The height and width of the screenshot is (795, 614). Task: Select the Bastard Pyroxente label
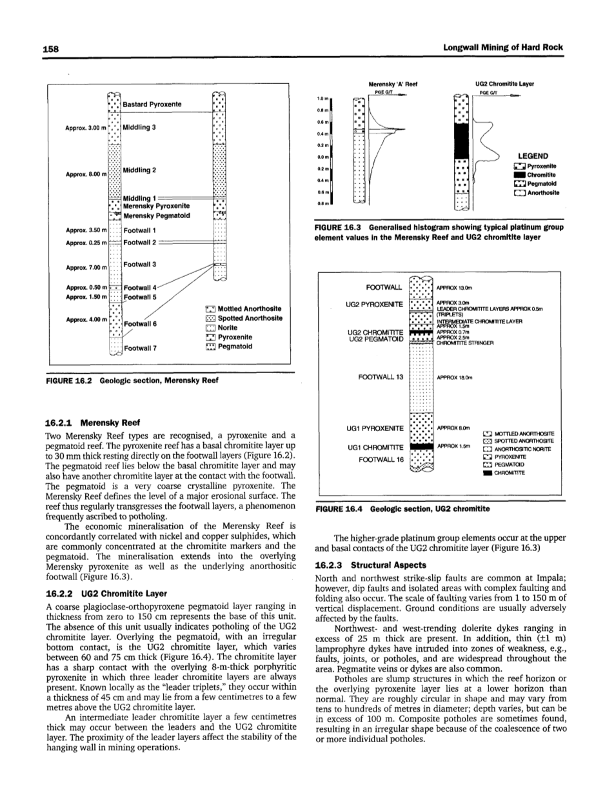pyautogui.click(x=152, y=104)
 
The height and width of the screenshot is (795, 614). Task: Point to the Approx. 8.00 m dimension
pyautogui.click(x=85, y=174)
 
